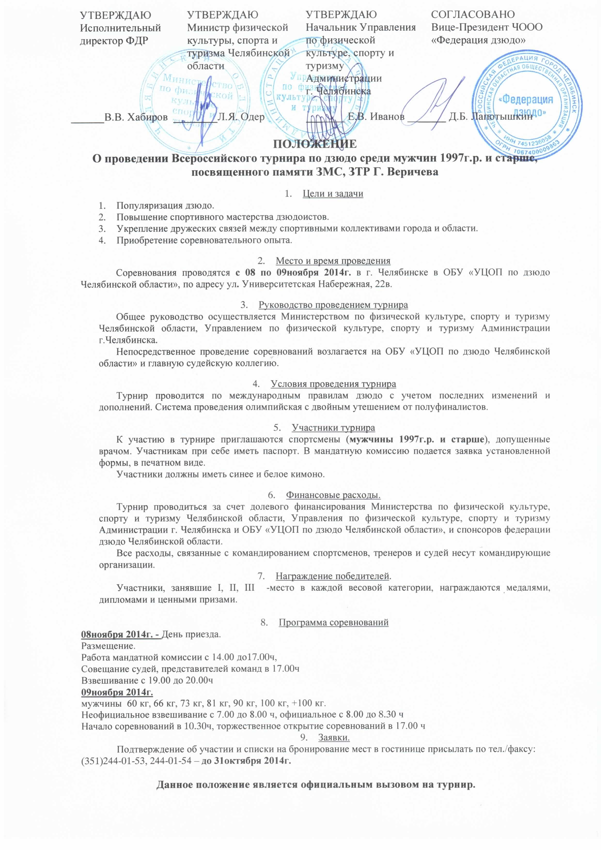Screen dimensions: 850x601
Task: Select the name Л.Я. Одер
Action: point(241,117)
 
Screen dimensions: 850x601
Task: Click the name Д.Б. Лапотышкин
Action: point(491,117)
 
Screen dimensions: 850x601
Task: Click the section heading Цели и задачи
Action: point(333,194)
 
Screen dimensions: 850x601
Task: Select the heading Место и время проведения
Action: point(333,261)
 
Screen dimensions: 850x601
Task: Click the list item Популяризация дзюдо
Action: point(165,205)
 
